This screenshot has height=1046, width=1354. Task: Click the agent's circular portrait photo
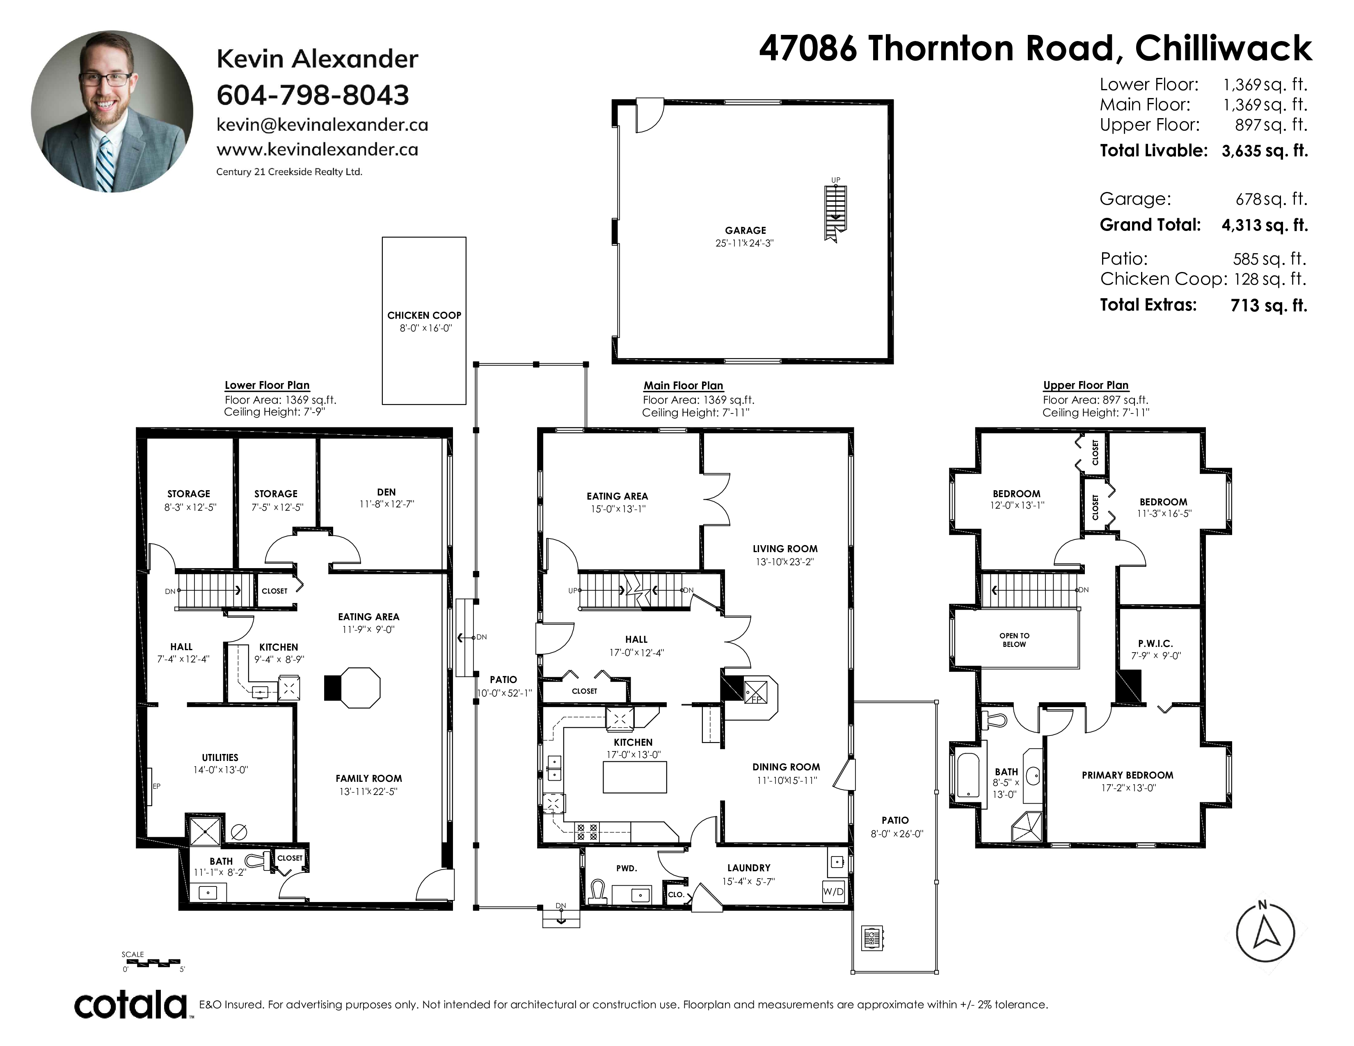click(112, 112)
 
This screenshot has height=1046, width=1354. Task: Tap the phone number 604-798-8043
click(313, 95)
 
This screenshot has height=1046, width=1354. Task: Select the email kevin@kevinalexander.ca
click(322, 125)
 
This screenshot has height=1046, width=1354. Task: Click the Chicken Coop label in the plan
click(424, 315)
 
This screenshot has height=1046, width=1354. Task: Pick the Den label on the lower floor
click(386, 492)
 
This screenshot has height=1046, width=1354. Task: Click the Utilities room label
click(220, 757)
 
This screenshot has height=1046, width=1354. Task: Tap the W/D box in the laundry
click(834, 892)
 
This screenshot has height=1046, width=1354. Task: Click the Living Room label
click(785, 548)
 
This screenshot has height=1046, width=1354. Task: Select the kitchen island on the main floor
click(635, 777)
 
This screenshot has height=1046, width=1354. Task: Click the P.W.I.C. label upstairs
click(1155, 644)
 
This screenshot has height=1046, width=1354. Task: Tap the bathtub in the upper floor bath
click(968, 775)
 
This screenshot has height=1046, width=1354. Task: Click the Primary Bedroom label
click(1128, 775)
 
